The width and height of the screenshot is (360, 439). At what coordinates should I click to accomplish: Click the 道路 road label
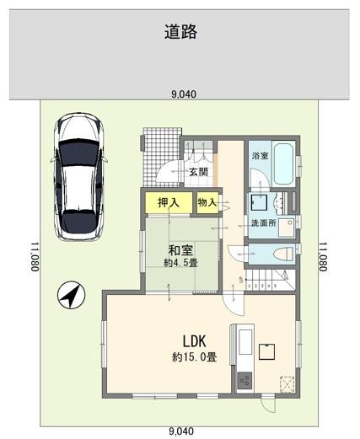coord(181,31)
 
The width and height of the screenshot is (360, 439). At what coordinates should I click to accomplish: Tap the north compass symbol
coord(71,295)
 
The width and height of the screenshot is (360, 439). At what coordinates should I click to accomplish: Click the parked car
coord(78,176)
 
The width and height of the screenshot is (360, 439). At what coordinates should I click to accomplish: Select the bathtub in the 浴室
coord(283,164)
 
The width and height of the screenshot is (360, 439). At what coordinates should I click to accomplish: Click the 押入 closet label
coord(169,202)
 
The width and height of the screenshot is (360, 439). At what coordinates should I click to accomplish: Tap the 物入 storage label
coord(207,202)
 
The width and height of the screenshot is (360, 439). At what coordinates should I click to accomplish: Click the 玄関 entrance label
coord(198,172)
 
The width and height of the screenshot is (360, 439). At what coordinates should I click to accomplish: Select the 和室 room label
coord(180,250)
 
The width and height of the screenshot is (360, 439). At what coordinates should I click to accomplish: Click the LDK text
coord(195,341)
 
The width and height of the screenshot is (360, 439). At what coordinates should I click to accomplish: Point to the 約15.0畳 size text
coord(194,357)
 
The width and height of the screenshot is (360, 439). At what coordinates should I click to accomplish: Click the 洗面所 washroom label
coord(264,223)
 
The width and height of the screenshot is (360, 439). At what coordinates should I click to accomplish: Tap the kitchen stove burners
coord(244,380)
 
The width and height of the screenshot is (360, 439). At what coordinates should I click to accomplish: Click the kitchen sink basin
coord(245,342)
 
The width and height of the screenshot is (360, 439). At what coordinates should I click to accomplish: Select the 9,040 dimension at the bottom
coord(181,431)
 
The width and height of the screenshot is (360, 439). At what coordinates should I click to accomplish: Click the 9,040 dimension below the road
coord(184,94)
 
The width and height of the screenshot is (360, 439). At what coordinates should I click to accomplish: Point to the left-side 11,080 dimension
coord(35,257)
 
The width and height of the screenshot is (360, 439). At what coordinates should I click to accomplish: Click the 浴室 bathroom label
coord(260,156)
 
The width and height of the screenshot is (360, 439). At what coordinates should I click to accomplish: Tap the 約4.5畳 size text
coord(180,263)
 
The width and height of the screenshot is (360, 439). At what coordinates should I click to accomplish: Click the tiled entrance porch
coord(161,157)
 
